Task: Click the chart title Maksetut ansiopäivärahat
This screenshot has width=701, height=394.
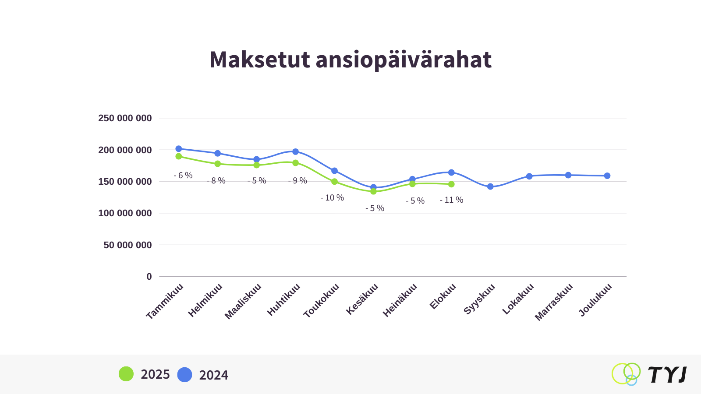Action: (x=350, y=60)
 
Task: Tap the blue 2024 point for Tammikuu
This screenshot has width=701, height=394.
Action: (x=179, y=149)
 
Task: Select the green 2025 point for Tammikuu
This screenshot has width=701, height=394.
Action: (x=179, y=156)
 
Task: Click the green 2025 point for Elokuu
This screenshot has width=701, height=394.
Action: (x=451, y=184)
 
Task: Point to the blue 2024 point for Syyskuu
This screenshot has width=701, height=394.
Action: (x=490, y=186)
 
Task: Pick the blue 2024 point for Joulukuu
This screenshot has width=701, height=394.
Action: (x=607, y=176)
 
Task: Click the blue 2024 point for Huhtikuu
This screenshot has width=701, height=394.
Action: (x=296, y=151)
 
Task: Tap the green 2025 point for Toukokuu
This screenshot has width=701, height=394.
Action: (x=334, y=182)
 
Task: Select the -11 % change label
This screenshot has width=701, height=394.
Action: (x=451, y=200)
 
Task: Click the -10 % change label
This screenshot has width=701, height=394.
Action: (x=332, y=198)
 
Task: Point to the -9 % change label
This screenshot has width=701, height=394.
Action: (x=297, y=181)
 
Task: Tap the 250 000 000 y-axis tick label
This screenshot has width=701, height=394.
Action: (x=125, y=118)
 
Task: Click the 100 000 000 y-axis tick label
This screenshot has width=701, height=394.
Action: (x=125, y=213)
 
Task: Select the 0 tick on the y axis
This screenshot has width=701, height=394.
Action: (x=149, y=277)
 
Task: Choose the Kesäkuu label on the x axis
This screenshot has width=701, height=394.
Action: (x=362, y=299)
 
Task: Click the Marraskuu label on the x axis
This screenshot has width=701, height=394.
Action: (x=554, y=302)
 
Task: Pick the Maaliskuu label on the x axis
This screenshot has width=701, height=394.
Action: (x=243, y=301)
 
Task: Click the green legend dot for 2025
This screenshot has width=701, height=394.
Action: (x=126, y=374)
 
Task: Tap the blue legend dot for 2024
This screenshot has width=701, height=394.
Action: (x=184, y=375)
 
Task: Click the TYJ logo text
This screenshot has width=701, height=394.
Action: (x=667, y=375)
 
